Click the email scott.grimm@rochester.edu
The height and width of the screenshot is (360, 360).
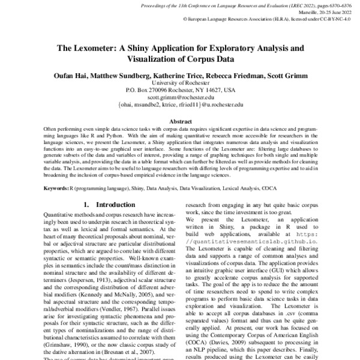[x=180, y=97]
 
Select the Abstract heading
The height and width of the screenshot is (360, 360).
[x=180, y=121]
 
